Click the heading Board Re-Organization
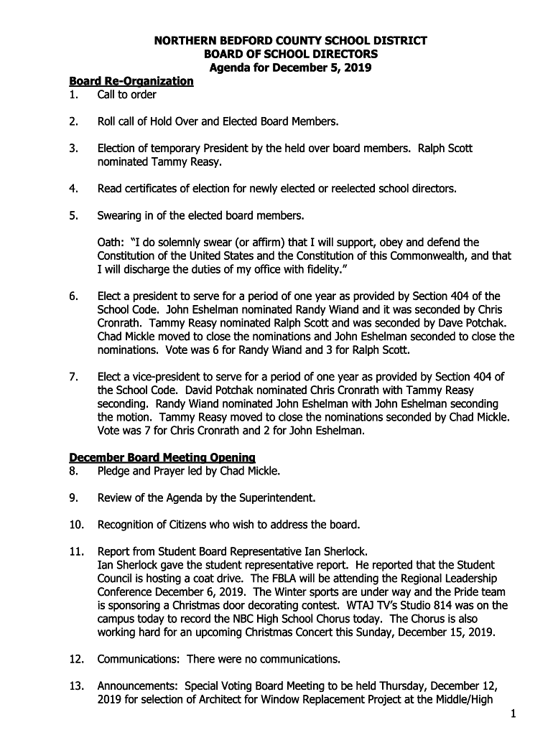click(x=131, y=81)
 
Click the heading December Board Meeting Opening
click(x=162, y=458)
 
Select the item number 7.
click(x=73, y=377)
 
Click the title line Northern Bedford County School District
click(x=291, y=41)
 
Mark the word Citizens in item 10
click(x=190, y=525)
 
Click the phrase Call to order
click(x=127, y=95)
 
